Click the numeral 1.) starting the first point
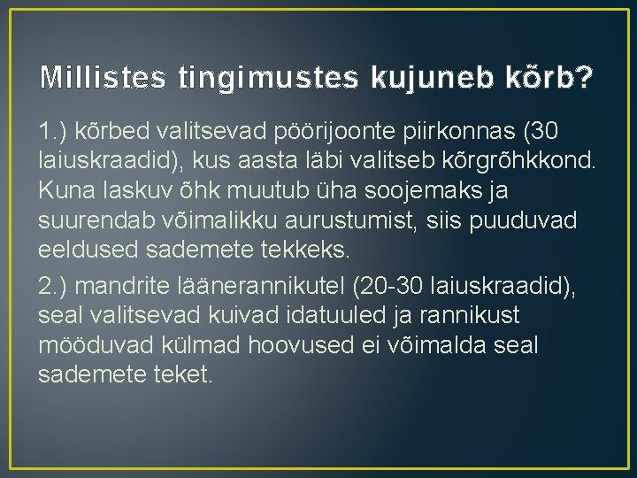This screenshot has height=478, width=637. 55,133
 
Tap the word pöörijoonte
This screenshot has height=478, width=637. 313,133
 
